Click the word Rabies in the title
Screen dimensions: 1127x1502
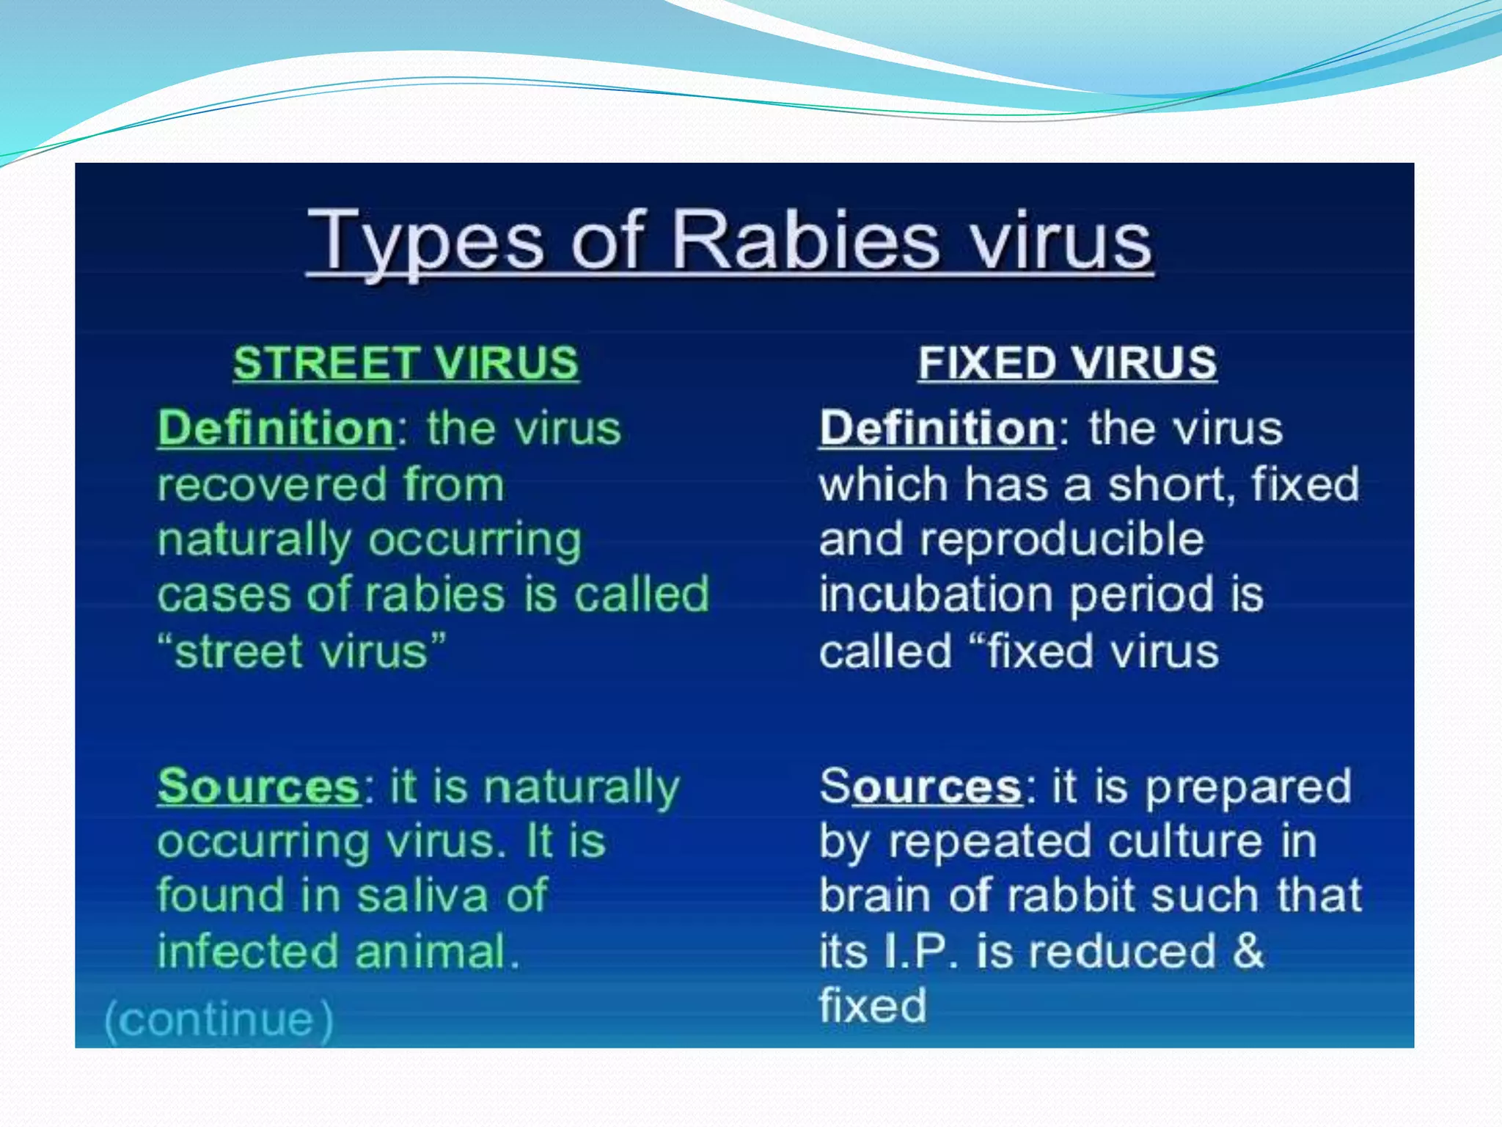click(x=805, y=241)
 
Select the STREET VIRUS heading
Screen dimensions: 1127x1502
click(x=406, y=362)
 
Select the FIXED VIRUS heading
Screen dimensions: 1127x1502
click(x=1067, y=362)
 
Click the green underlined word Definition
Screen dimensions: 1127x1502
click(x=276, y=428)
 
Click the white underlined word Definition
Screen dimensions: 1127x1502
click(x=937, y=428)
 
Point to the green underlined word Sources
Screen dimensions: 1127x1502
click(x=259, y=786)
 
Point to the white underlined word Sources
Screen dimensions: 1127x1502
click(x=920, y=786)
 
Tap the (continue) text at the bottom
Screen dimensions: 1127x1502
click(x=219, y=1019)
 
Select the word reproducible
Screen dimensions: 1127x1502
click(x=1062, y=540)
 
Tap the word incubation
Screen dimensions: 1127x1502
click(x=937, y=594)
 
